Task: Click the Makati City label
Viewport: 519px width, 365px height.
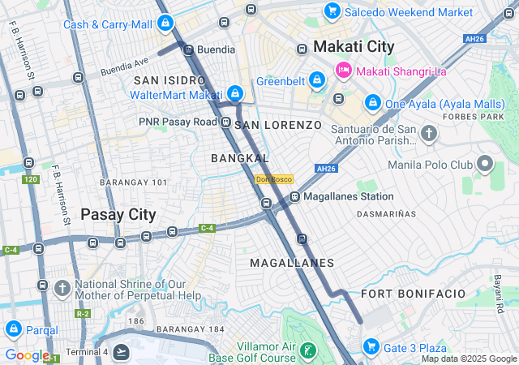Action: (x=354, y=46)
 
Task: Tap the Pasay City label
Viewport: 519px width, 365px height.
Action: (x=118, y=214)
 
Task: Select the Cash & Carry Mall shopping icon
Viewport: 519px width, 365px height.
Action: (x=165, y=24)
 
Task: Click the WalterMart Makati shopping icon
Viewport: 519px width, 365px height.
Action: (x=234, y=95)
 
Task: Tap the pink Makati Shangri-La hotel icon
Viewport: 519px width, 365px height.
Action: (x=343, y=70)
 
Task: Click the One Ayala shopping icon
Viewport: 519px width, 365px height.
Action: (x=372, y=103)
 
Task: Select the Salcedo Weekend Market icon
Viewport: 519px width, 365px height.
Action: (x=332, y=12)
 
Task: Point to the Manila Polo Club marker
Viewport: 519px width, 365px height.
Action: (x=485, y=165)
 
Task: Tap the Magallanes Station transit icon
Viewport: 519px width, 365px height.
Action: (x=295, y=196)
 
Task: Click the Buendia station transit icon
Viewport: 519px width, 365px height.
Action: (x=188, y=49)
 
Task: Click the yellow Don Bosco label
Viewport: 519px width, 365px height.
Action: (x=272, y=179)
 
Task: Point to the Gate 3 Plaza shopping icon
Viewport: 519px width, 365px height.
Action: (x=371, y=347)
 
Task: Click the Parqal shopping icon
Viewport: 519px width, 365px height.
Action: (x=13, y=330)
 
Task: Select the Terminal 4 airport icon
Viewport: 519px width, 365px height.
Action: (x=121, y=351)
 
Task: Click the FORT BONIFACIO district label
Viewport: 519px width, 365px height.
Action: (x=414, y=293)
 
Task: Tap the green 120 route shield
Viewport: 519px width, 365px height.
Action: (x=32, y=178)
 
